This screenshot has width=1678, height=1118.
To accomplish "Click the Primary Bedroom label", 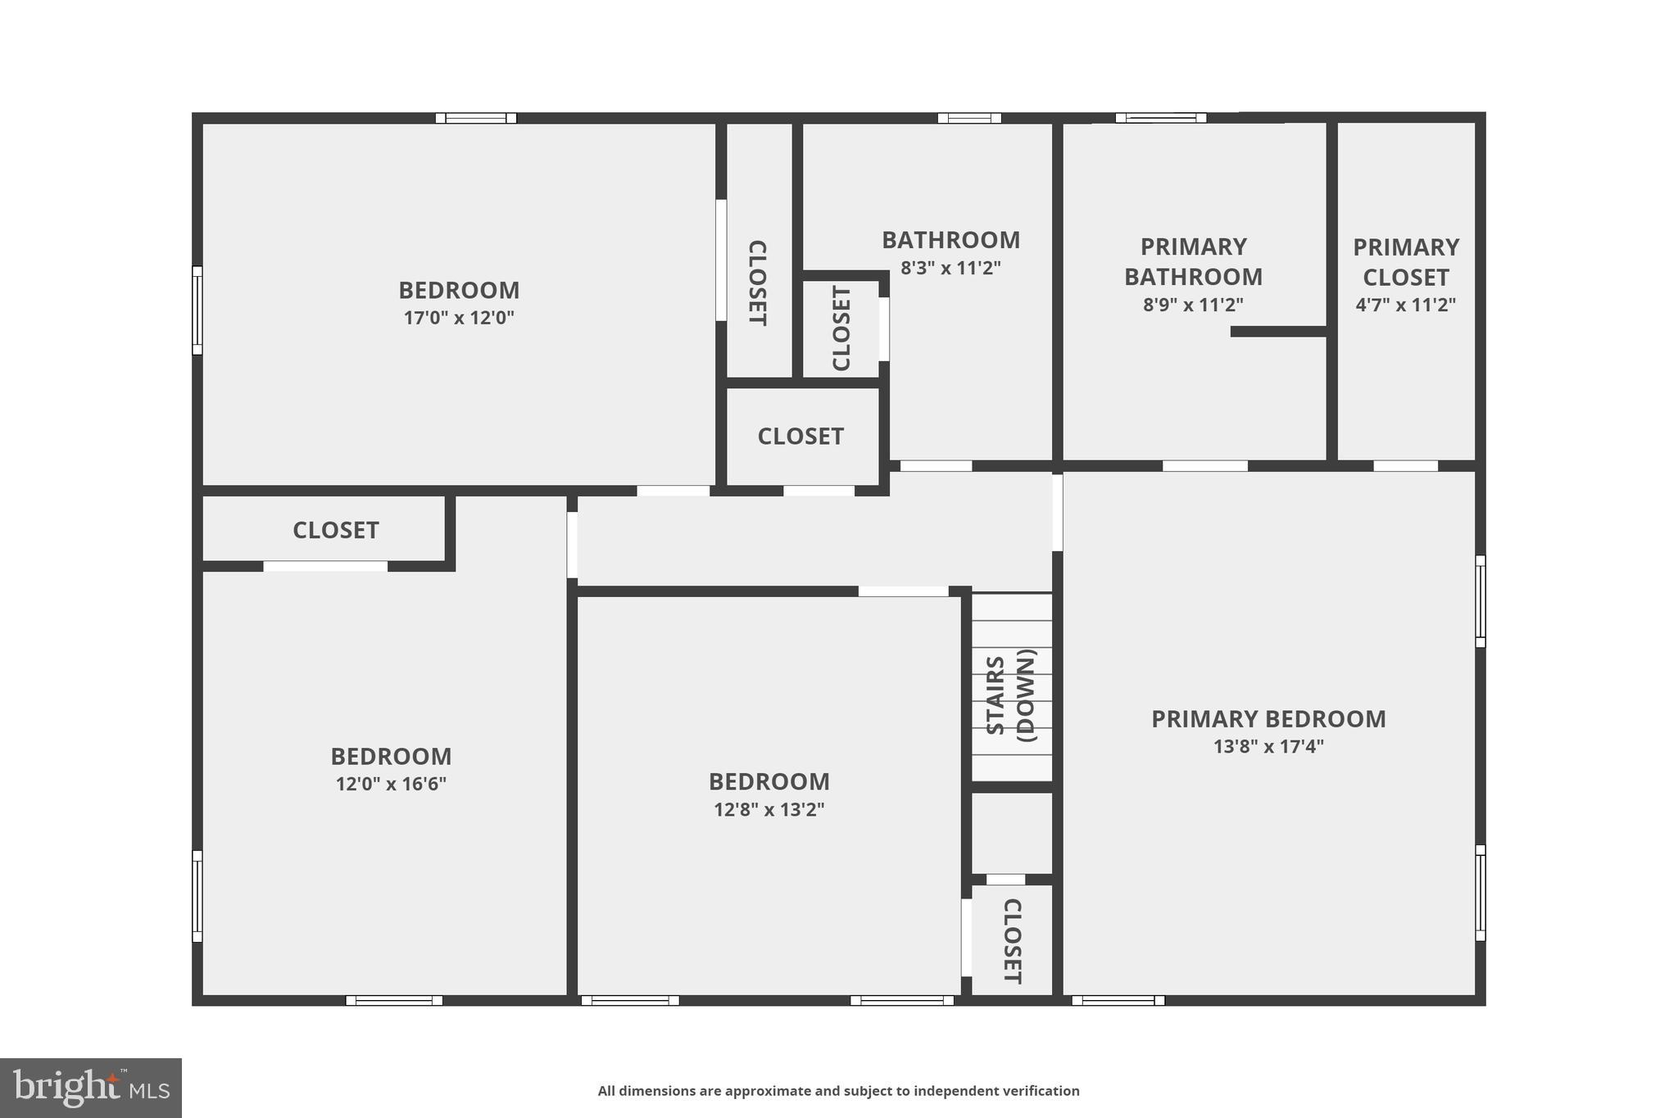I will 1268,719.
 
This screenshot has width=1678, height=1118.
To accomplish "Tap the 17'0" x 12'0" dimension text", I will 459,318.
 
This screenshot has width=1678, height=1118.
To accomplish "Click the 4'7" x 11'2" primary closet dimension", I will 1405,305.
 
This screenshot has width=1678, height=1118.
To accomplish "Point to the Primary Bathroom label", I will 1193,261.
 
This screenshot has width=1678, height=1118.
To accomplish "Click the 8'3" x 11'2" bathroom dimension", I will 950,268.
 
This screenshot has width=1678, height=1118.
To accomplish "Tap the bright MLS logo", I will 91,1088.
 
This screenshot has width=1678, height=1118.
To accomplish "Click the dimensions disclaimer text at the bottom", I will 838,1091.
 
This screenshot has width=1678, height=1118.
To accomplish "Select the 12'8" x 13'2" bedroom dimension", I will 769,810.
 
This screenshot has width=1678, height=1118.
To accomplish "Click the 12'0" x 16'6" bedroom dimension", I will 391,784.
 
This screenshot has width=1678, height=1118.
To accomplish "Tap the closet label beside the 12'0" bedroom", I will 336,531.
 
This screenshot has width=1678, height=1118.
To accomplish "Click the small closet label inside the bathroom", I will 841,328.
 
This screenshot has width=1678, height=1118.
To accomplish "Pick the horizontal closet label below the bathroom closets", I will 800,437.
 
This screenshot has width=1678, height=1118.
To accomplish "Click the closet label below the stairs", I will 1012,941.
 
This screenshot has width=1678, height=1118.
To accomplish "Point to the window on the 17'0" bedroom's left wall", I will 197,310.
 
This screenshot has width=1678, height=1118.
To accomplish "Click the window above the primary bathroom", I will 1160,118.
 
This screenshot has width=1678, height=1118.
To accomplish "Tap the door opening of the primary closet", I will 1405,466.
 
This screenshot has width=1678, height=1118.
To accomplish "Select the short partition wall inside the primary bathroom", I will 1278,332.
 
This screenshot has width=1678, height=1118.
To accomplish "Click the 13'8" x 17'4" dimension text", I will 1268,747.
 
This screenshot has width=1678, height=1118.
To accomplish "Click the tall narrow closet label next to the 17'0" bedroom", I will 758,283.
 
